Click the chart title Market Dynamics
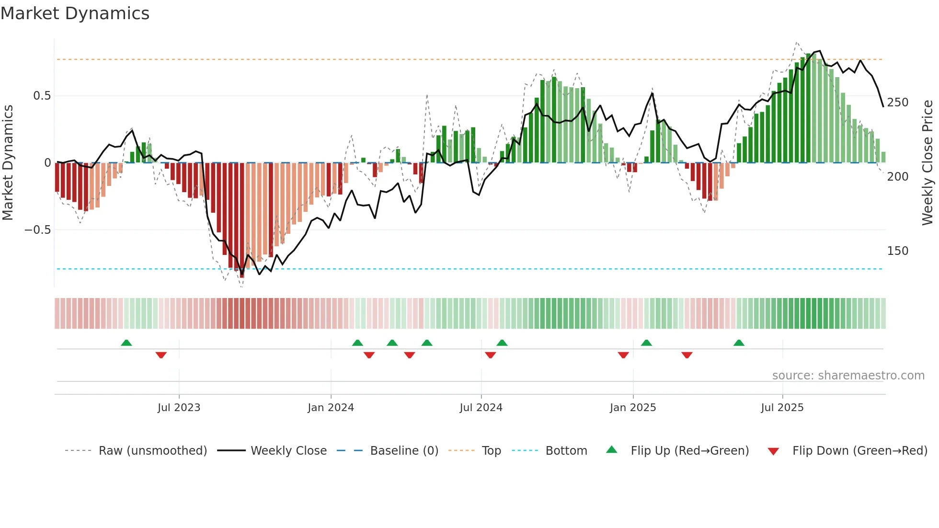(75, 13)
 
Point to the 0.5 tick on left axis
(42, 96)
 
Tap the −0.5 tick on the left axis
(38, 230)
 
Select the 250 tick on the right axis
(897, 103)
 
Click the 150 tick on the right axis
(897, 251)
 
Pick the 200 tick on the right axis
(897, 177)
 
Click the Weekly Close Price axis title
(928, 163)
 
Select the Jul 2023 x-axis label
(179, 408)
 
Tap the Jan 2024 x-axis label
(331, 408)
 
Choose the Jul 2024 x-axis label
(481, 408)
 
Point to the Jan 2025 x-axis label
(633, 408)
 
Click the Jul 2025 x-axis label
(782, 408)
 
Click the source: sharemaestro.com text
(848, 376)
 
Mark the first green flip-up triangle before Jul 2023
(126, 343)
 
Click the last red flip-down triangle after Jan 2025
(687, 355)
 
